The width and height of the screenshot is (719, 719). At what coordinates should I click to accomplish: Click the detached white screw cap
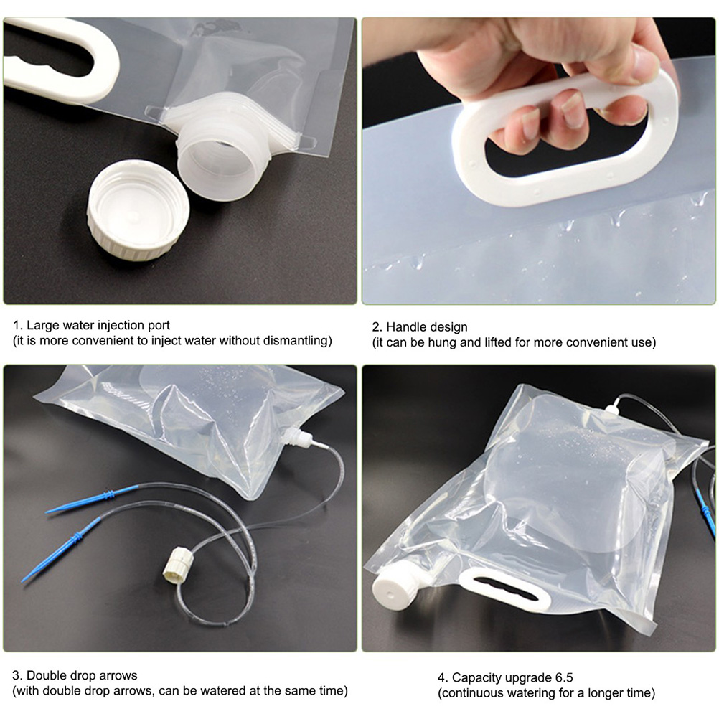[x=138, y=210]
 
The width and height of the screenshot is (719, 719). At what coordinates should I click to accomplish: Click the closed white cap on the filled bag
[x=395, y=591]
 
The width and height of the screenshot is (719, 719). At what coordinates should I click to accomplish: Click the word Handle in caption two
[x=405, y=327]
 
